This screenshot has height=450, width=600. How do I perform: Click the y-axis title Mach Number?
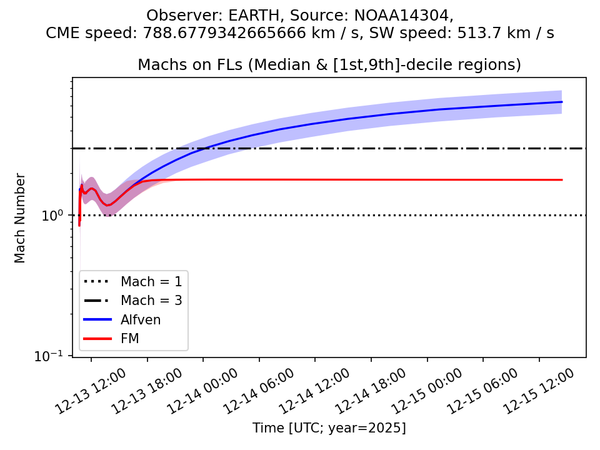coord(20,218)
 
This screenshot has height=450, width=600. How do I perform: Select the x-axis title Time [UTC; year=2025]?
coord(329,428)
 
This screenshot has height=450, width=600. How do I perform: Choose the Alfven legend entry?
coord(141,320)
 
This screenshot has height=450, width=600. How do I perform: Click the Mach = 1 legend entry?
coord(151,281)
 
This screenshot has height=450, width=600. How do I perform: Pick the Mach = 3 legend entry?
coord(151,301)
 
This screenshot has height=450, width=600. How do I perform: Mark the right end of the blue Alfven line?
coord(562,102)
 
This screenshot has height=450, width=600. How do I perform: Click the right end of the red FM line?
coord(562,180)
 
